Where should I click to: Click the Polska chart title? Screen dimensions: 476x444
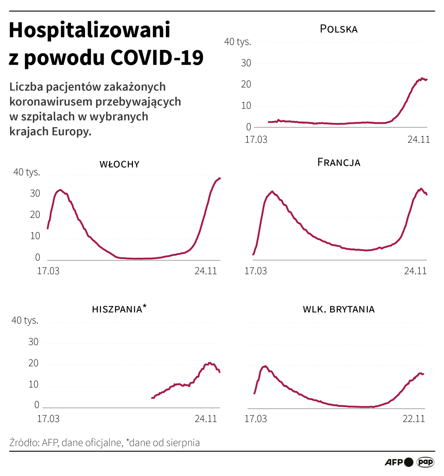338,29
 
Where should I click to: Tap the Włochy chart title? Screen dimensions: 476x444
119,164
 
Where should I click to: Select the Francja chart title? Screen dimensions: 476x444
338,163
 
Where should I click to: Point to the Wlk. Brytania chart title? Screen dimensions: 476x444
338,309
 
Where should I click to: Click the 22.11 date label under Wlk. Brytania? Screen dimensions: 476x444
414,418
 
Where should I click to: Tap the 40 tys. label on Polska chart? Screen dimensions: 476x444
237,42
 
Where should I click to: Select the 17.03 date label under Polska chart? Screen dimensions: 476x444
256,139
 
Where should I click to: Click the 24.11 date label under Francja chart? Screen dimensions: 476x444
415,271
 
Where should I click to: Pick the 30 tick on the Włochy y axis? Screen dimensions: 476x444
35,193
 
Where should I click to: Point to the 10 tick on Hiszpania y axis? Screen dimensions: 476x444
34,384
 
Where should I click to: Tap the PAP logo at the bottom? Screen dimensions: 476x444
425,462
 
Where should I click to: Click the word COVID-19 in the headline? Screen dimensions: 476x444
157,58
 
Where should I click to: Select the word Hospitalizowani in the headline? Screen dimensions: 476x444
90,30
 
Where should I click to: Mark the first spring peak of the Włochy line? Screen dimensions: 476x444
60,190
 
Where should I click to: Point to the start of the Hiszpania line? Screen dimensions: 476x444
152,398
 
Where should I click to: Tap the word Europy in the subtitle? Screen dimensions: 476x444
71,131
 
